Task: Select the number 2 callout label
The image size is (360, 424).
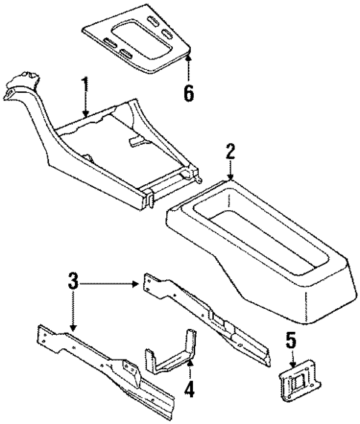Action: (231, 153)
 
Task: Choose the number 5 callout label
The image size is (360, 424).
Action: (291, 342)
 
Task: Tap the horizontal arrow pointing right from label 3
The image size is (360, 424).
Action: (111, 283)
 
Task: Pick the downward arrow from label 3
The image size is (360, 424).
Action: (73, 316)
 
